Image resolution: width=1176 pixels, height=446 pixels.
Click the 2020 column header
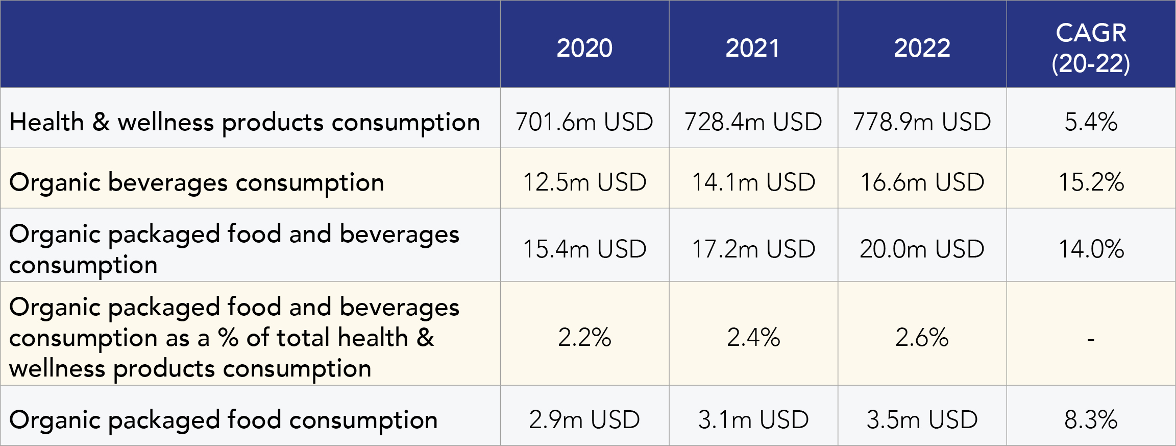584,48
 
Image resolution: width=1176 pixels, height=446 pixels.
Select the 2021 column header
753,48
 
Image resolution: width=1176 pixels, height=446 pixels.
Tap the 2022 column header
922,48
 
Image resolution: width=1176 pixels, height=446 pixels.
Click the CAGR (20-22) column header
1091,48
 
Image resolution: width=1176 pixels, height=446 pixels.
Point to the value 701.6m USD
584,122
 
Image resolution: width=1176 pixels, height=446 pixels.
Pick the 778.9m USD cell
922,122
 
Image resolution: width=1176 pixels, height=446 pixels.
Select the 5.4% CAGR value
1091,122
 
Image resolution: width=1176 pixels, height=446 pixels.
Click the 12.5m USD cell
584,182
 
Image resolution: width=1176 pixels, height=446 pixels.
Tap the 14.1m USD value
753,182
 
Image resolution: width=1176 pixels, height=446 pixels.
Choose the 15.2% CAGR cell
1091,182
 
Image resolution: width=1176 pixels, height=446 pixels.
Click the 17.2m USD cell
753,249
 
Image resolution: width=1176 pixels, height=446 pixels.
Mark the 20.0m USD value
922,249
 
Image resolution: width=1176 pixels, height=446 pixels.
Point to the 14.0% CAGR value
1091,249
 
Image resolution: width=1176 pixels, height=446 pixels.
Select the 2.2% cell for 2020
584,337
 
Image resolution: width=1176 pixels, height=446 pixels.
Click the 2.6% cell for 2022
922,337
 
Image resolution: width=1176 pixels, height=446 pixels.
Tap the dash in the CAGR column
1091,339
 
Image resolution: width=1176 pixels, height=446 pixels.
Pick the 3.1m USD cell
753,419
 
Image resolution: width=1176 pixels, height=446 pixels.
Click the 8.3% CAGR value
1091,419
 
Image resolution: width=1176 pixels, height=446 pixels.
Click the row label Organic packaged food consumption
223,420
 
